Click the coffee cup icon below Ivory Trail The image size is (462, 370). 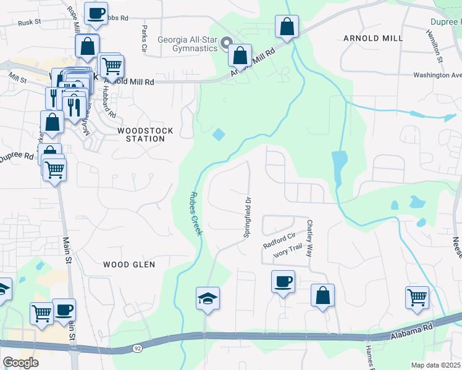point(283,282)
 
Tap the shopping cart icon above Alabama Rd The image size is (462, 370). point(418,297)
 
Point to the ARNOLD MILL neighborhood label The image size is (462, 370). point(372,38)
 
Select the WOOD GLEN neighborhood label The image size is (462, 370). point(129,265)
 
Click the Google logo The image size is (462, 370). point(20,362)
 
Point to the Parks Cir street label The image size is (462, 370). point(144,38)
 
